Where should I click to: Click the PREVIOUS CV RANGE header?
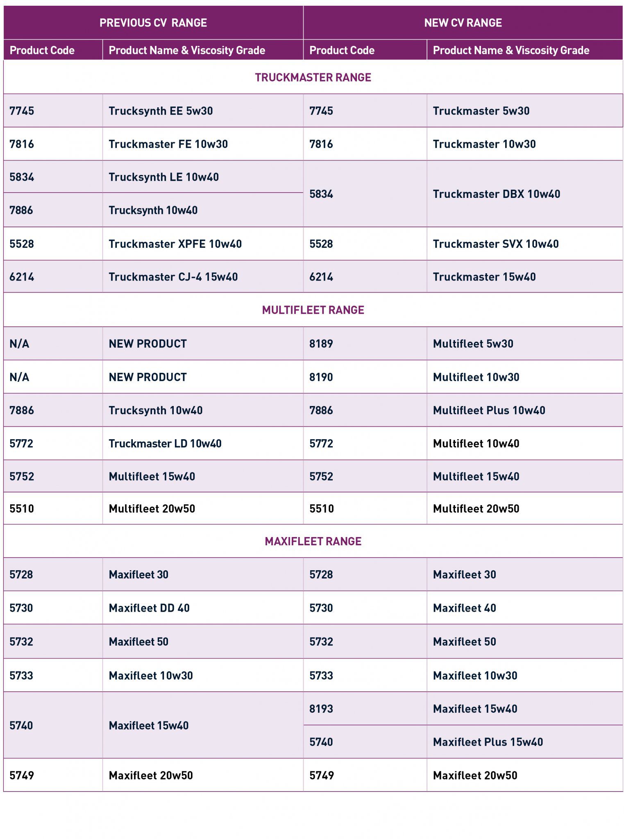(x=153, y=23)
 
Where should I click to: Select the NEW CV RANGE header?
(x=463, y=23)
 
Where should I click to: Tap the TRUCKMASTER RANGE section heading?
(x=313, y=77)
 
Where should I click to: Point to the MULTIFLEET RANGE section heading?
(x=313, y=310)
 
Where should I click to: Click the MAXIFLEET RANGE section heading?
(x=313, y=541)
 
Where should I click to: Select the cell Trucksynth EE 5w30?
(x=161, y=111)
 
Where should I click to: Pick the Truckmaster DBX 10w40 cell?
(x=496, y=194)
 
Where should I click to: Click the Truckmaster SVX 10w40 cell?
(x=495, y=244)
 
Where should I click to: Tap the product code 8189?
(x=321, y=343)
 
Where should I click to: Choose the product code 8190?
(x=321, y=377)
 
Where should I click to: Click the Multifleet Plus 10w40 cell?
(x=489, y=410)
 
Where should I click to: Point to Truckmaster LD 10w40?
(x=165, y=443)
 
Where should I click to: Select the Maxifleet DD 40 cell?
(x=149, y=608)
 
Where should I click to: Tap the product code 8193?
(x=321, y=709)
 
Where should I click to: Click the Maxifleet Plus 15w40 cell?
(x=488, y=742)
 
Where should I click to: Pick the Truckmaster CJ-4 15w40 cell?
(x=173, y=277)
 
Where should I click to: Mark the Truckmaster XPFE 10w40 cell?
(x=175, y=244)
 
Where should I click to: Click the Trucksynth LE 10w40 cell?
(x=163, y=177)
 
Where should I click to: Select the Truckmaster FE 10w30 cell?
(x=168, y=144)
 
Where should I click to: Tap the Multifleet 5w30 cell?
(x=473, y=343)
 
